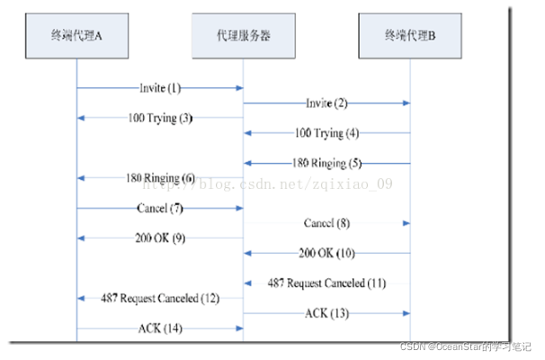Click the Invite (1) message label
(x=161, y=88)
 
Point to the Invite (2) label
(x=327, y=103)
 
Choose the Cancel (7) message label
(x=161, y=208)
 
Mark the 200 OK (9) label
(x=161, y=238)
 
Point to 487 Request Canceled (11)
(x=326, y=283)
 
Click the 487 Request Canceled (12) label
(x=161, y=297)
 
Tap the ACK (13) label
(x=327, y=312)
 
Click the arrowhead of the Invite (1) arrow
(x=240, y=88)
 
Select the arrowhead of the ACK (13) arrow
(x=407, y=312)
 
